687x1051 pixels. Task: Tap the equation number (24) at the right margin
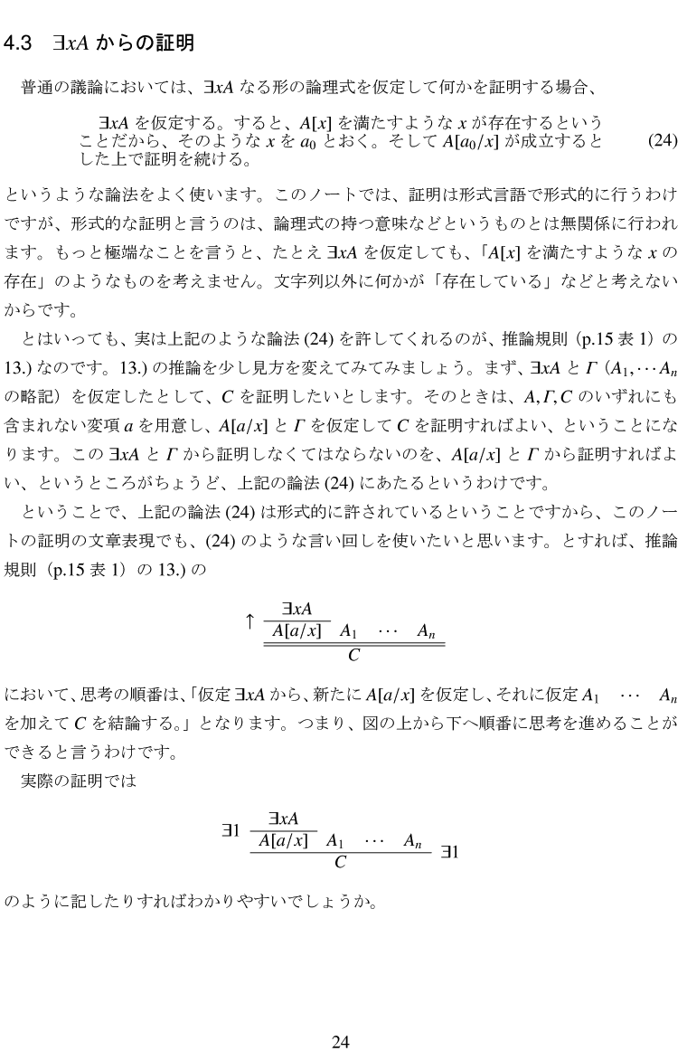pos(663,141)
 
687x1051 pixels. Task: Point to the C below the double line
pos(353,655)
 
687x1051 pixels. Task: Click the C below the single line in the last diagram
pos(340,862)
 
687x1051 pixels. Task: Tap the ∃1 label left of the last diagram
pos(231,828)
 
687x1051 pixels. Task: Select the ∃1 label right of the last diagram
pos(450,851)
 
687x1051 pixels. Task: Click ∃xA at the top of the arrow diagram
pos(296,611)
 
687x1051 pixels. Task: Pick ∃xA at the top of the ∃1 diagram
pos(284,819)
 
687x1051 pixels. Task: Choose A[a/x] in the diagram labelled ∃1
pos(283,840)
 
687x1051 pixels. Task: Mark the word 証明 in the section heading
pos(175,43)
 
